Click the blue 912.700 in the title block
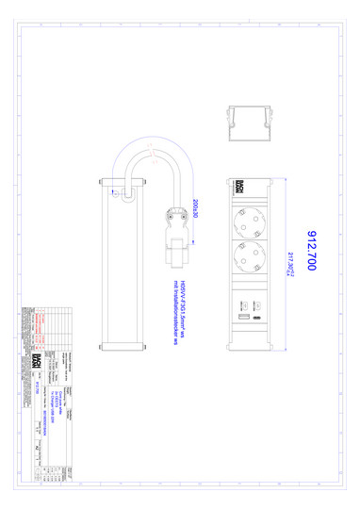[x=37, y=387]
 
